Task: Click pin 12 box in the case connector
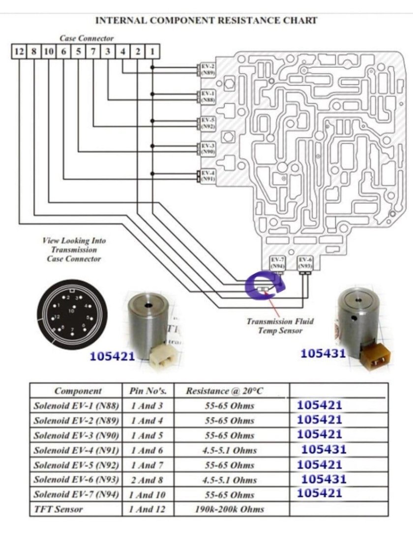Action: [x=19, y=51]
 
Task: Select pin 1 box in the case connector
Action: [x=152, y=51]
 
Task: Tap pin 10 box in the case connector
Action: [x=49, y=51]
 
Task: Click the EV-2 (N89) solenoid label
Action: [x=207, y=68]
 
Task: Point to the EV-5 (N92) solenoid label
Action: [x=207, y=123]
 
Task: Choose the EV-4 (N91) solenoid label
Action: [x=207, y=176]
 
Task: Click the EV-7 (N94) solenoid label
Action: [x=278, y=262]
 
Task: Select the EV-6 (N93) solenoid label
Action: [x=305, y=262]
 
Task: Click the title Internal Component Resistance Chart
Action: [x=206, y=21]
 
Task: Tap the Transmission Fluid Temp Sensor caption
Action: [x=280, y=326]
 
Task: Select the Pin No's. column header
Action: [x=148, y=392]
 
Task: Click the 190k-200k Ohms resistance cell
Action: [x=229, y=509]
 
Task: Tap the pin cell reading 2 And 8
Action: [x=148, y=480]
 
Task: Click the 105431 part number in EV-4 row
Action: [x=324, y=449]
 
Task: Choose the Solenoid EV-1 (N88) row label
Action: [x=76, y=406]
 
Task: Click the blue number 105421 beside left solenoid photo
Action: [x=112, y=357]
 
